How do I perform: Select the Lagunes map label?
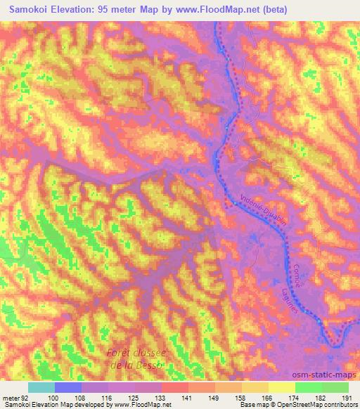click(307, 304)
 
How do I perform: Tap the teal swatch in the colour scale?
click(41, 387)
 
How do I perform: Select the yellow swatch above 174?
click(281, 387)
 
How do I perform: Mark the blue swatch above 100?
click(68, 387)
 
